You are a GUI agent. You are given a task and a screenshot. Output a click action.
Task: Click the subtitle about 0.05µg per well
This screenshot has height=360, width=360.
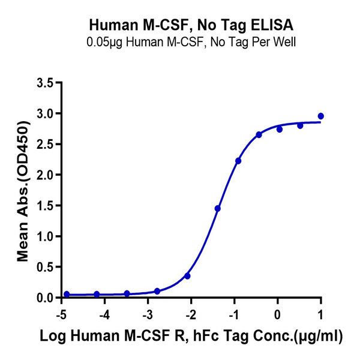(x=191, y=43)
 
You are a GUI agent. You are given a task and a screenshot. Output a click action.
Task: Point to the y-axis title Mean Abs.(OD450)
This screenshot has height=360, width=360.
(x=24, y=190)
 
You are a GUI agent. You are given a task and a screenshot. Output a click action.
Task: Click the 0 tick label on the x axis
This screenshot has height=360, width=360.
(x=277, y=315)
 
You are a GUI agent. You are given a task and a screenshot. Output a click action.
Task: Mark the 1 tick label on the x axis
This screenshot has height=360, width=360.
(x=320, y=315)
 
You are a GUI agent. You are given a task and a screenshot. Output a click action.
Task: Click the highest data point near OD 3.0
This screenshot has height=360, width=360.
(x=321, y=116)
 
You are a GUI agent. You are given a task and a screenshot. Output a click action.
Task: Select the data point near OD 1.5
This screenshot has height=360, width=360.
(x=218, y=208)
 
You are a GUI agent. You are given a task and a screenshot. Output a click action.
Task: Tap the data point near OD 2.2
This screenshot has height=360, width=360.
(x=238, y=161)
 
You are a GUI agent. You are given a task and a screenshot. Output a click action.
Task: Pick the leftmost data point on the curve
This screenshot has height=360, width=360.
(x=67, y=294)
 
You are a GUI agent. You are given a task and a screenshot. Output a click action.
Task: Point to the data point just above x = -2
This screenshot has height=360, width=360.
(x=188, y=276)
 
